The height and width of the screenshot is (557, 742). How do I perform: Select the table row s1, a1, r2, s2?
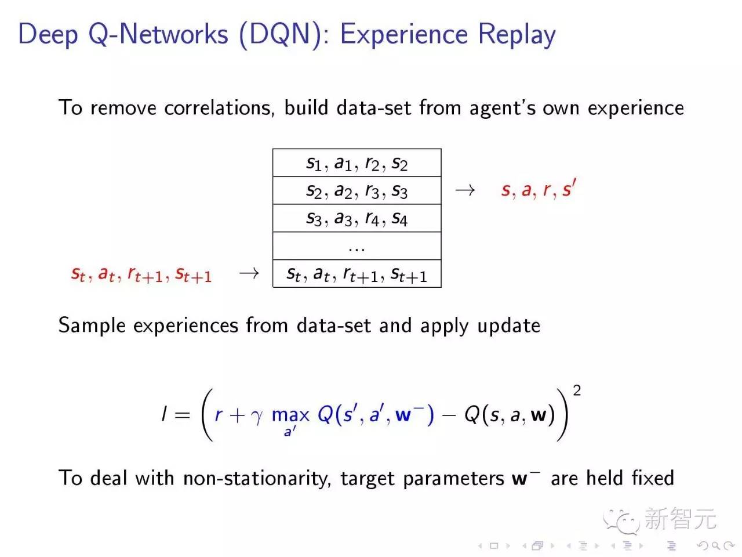[357, 163]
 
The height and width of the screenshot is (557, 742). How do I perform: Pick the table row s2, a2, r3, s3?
[357, 190]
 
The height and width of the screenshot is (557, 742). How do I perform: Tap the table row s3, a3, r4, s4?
[357, 218]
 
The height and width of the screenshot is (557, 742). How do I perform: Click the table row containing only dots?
[357, 247]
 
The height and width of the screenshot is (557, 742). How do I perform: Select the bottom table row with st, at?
[357, 274]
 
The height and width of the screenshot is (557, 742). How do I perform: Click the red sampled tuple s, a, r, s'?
[538, 189]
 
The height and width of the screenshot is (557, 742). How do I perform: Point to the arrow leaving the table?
[464, 190]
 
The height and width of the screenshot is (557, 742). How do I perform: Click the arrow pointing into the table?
[249, 273]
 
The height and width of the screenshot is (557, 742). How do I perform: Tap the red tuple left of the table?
[141, 274]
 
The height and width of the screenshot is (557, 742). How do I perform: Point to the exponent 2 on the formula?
[576, 390]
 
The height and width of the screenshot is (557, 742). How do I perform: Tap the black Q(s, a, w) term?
[510, 414]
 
